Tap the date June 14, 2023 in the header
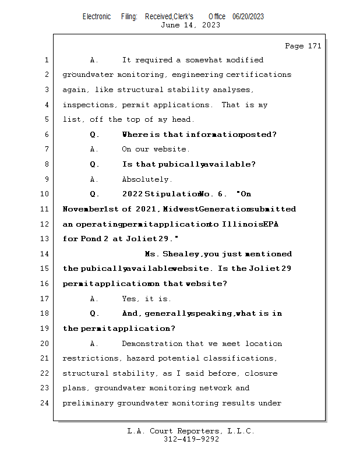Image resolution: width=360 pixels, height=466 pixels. (190, 25)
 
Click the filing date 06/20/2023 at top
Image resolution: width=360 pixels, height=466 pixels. (248, 17)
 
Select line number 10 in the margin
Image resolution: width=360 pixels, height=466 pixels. (45, 194)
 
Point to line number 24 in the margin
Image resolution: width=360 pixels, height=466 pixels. (45, 403)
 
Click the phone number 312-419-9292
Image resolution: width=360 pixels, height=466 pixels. (191, 440)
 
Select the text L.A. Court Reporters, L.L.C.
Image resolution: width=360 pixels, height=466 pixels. (191, 432)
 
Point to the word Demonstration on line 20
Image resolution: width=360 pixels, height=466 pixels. (153, 344)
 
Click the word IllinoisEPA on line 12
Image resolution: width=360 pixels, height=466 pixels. (246, 224)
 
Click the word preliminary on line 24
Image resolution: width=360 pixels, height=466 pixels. (87, 403)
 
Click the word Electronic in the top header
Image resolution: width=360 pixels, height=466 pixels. (97, 17)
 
